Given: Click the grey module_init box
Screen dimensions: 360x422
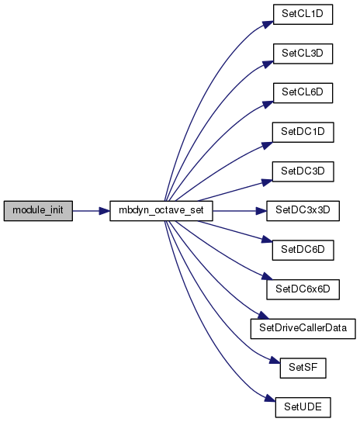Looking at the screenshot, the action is [x=38, y=211].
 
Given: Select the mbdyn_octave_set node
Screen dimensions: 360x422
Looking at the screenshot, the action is [x=161, y=211].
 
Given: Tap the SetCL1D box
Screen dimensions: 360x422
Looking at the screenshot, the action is [x=303, y=14].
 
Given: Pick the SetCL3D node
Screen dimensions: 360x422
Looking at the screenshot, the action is [x=303, y=54].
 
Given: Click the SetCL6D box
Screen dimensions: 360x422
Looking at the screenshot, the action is [x=303, y=93].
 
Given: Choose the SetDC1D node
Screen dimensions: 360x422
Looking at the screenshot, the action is [x=303, y=132].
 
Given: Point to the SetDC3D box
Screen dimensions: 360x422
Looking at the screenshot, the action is [x=303, y=171].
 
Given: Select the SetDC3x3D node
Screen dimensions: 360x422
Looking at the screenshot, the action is [x=303, y=211].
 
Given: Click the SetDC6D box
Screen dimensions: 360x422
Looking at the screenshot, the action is [x=303, y=251].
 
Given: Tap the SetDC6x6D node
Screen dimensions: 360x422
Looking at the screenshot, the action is [x=303, y=289].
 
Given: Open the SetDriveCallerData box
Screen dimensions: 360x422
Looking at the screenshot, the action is [x=303, y=329].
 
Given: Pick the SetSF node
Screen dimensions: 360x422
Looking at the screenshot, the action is [x=303, y=368].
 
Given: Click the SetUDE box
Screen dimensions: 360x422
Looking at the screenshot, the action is [x=303, y=407].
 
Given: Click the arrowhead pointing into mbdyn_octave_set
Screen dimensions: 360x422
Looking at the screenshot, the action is [x=105, y=211].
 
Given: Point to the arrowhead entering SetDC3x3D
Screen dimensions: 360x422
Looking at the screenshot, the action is [x=261, y=211].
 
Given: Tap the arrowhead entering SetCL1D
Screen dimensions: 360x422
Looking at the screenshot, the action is [x=268, y=24].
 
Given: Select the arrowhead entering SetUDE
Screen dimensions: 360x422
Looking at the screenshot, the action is [x=270, y=399].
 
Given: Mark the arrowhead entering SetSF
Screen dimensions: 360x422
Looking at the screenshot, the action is [x=275, y=360].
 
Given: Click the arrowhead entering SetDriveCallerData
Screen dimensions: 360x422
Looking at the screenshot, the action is [x=264, y=316].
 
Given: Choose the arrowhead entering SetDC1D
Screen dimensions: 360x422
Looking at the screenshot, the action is [x=267, y=145].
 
